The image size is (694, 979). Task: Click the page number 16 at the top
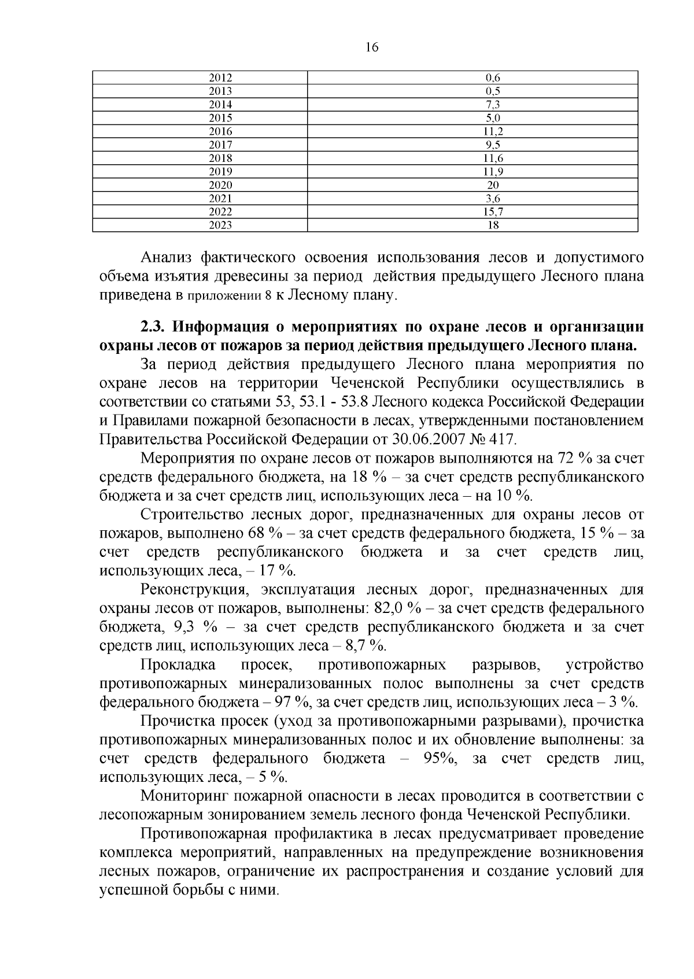(372, 48)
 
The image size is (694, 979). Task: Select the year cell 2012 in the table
(220, 77)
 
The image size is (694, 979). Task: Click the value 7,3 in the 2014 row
(493, 105)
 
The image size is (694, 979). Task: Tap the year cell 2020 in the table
(220, 185)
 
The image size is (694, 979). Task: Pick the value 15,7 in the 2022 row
(493, 212)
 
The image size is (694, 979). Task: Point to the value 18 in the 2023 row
(493, 226)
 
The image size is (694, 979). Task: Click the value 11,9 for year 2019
(493, 172)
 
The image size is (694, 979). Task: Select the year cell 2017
(220, 145)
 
